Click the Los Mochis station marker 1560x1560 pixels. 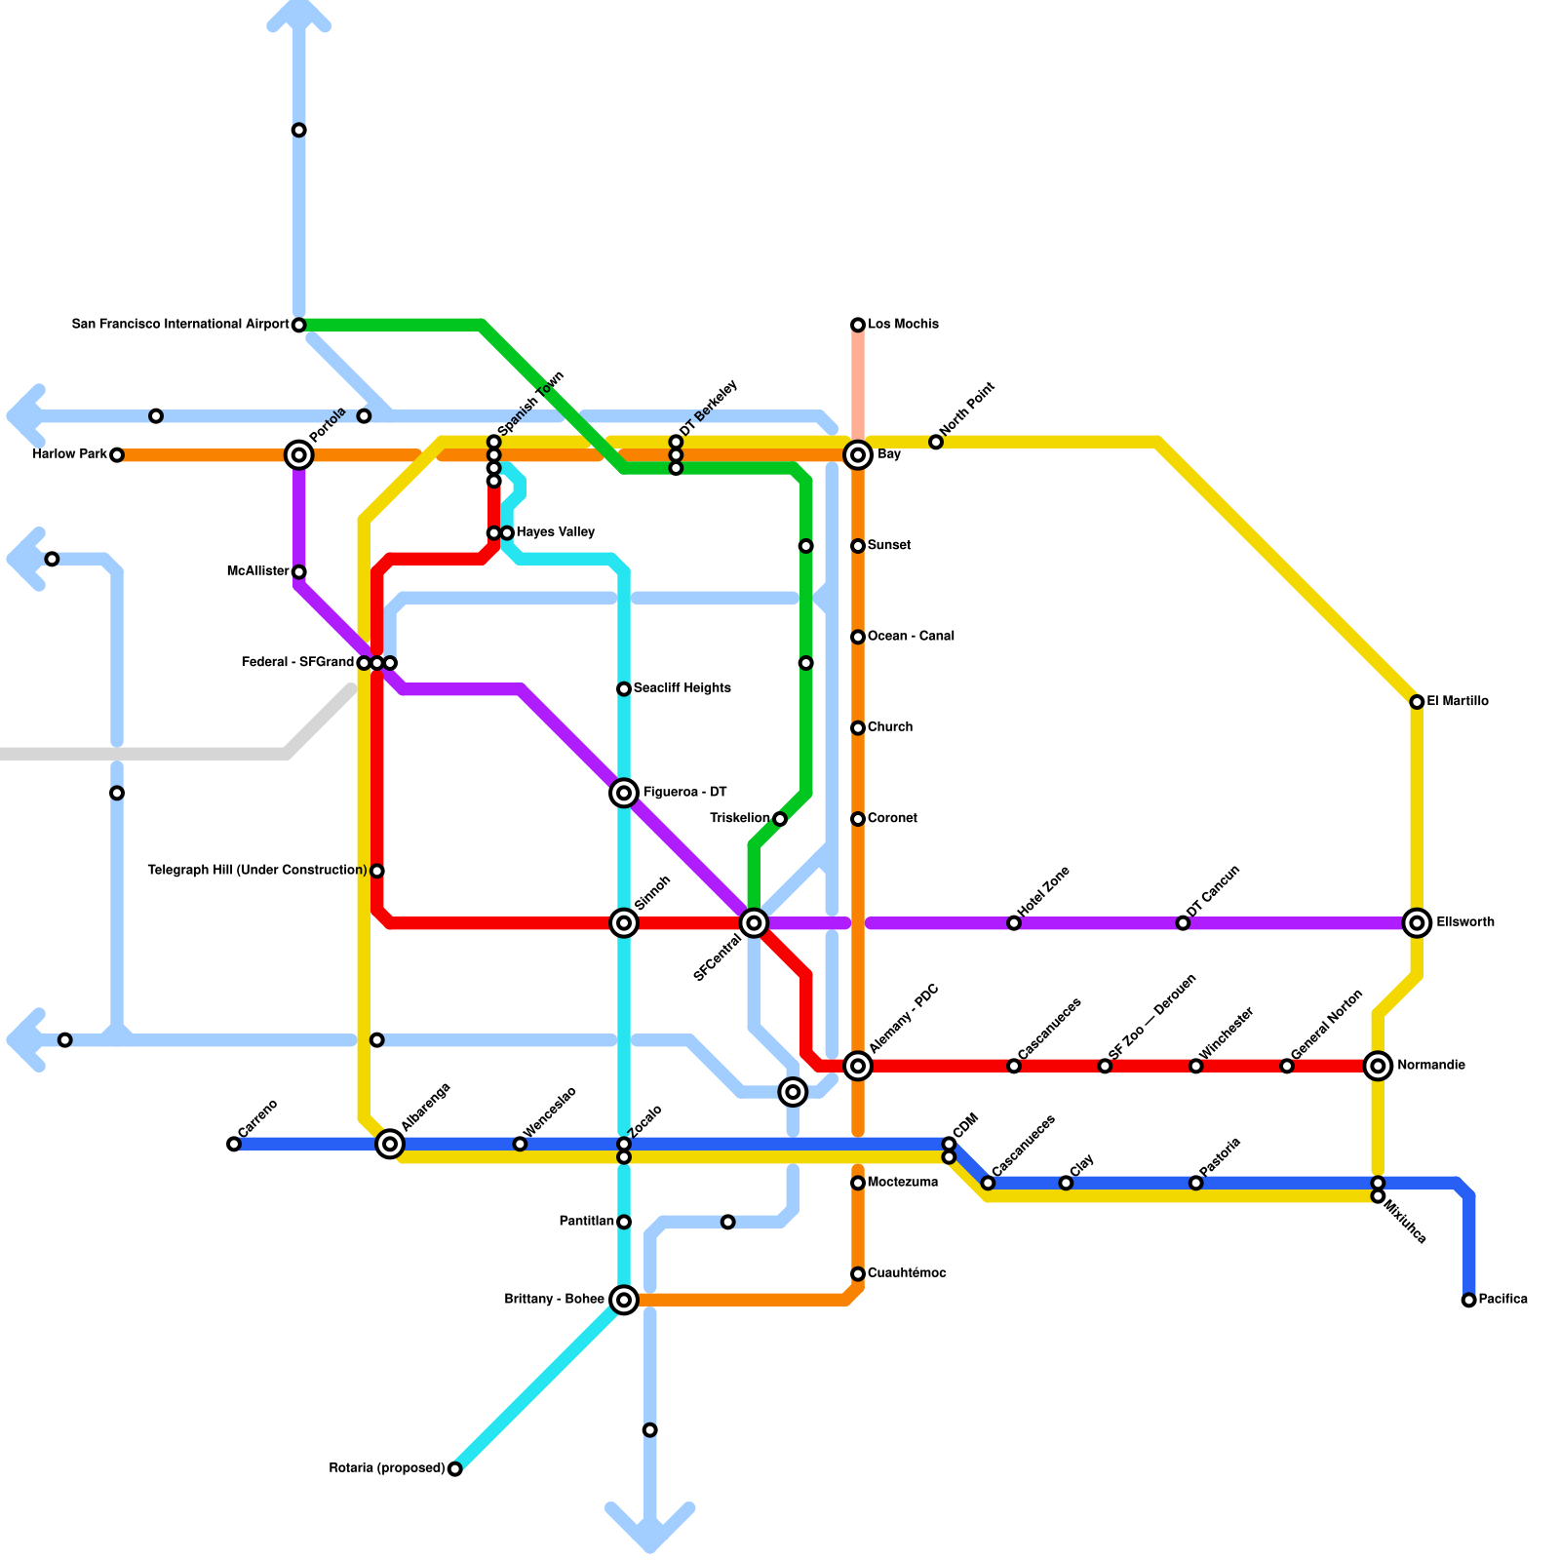pyautogui.click(x=858, y=325)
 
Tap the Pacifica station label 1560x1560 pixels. pyautogui.click(x=1502, y=1300)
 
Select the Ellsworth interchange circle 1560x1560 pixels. pyautogui.click(x=1417, y=922)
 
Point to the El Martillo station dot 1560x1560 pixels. pyautogui.click(x=1417, y=702)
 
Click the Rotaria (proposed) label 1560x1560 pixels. pyautogui.click(x=387, y=1468)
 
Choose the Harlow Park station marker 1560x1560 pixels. pyautogui.click(x=117, y=455)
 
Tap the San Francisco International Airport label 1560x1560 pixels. pyautogui.click(x=180, y=325)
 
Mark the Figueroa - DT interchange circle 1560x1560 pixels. pyautogui.click(x=624, y=793)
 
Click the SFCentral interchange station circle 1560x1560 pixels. pyautogui.click(x=754, y=922)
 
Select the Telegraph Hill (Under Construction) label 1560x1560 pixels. pyautogui.click(x=257, y=871)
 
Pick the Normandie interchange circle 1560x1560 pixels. pyautogui.click(x=1378, y=1066)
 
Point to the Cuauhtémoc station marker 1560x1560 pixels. pyautogui.click(x=858, y=1274)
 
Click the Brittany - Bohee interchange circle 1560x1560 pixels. pyautogui.click(x=624, y=1300)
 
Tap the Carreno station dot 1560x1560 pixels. pyautogui.click(x=234, y=1144)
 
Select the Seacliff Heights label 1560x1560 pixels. pyautogui.click(x=682, y=688)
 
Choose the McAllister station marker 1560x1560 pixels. pyautogui.click(x=299, y=572)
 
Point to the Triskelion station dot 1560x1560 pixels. pyautogui.click(x=780, y=819)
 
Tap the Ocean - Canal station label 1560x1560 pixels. pyautogui.click(x=911, y=637)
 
